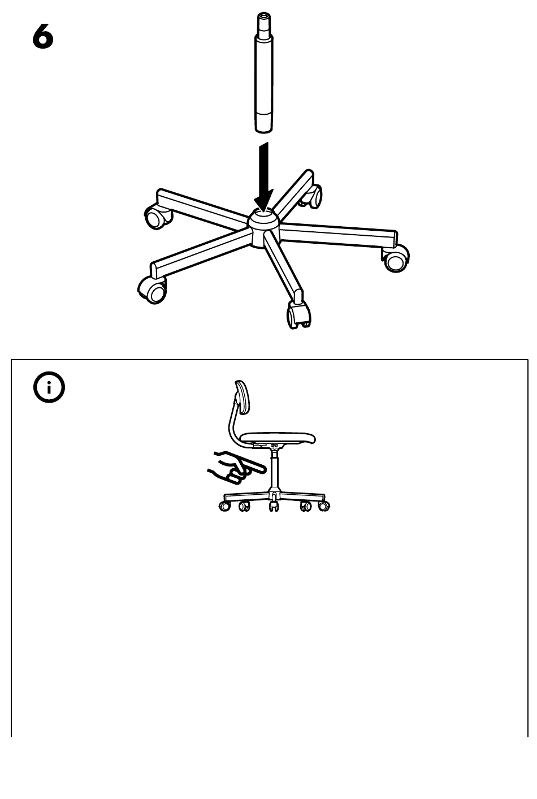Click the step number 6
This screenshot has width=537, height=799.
coord(43,36)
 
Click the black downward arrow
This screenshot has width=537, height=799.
coord(263,177)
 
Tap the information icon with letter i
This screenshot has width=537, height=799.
coord(49,387)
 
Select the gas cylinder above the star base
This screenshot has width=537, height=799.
coord(264,72)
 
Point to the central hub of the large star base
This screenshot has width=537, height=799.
coord(264,227)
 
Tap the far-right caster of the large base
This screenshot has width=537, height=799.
coord(395,258)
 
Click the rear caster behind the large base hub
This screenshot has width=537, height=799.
coord(311,196)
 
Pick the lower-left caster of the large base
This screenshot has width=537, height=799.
coord(152,290)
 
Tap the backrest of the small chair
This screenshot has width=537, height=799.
coord(242,398)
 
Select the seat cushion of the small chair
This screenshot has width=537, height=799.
coord(278,438)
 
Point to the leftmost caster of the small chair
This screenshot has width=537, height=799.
coord(224,506)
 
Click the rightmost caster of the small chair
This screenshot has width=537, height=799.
coord(323,506)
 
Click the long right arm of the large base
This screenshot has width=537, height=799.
coord(339,234)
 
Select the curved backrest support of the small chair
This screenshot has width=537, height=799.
coord(232,425)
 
